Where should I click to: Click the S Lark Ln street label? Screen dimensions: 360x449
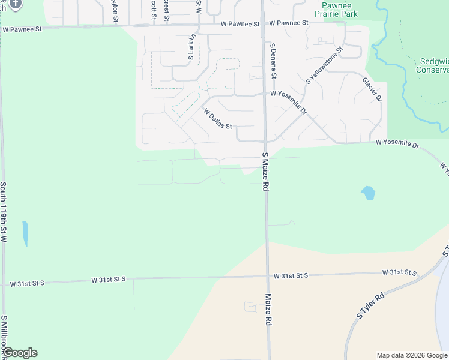(191, 47)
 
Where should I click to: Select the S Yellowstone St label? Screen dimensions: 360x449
(324, 65)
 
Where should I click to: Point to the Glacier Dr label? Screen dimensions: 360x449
(372, 89)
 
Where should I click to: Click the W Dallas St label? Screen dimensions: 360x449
(217, 119)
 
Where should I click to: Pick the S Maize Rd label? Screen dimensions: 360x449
(264, 172)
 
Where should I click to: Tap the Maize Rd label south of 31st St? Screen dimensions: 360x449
(268, 310)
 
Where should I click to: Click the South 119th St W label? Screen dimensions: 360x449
(4, 212)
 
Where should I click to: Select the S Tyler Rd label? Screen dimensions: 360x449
(370, 306)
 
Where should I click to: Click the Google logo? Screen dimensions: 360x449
(20, 353)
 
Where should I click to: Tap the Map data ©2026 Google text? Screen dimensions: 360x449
(412, 355)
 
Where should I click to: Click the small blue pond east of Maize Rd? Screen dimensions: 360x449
(368, 193)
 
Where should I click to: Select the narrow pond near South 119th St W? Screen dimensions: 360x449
(25, 233)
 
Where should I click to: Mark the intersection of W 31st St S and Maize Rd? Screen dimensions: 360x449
(267, 277)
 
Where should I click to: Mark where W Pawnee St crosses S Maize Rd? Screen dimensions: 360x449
(263, 25)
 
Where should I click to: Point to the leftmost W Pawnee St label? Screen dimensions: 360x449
(22, 28)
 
